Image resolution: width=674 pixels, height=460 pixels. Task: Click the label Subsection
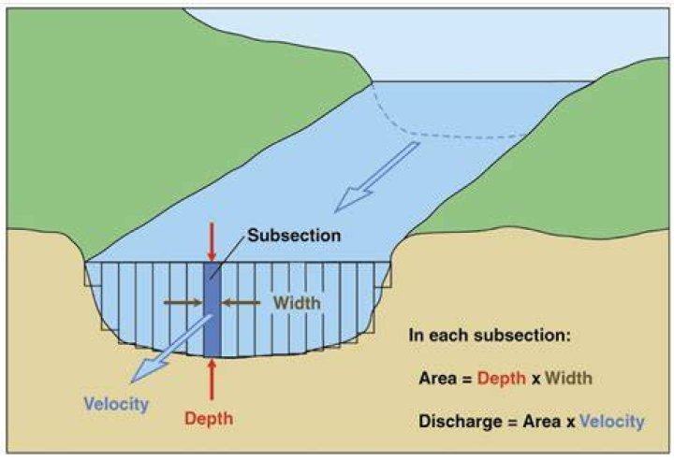coord(294,236)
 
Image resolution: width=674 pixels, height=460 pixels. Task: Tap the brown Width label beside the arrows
coord(297,303)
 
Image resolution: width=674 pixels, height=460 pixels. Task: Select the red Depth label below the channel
coord(209,418)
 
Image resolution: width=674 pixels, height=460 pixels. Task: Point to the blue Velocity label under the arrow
coord(116,404)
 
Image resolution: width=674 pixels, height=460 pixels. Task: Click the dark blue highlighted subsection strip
coord(212,309)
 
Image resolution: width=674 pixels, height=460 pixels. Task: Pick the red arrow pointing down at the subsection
coord(212,242)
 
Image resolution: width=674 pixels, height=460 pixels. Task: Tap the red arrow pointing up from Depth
coord(212,380)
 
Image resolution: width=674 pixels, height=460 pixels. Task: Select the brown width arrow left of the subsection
coord(183,303)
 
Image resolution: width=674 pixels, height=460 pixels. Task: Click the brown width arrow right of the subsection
coord(241,303)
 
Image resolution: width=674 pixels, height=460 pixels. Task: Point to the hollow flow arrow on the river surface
coord(376,177)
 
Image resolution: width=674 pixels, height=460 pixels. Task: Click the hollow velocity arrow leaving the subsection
coord(171,349)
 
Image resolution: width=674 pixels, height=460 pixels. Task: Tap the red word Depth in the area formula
coord(501,379)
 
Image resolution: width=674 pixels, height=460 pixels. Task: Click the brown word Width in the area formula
coord(568,378)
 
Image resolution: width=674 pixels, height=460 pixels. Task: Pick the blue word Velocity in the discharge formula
coord(612,422)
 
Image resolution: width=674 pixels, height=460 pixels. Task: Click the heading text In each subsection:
coord(490,335)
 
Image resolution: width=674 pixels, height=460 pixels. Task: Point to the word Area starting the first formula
coord(437,379)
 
